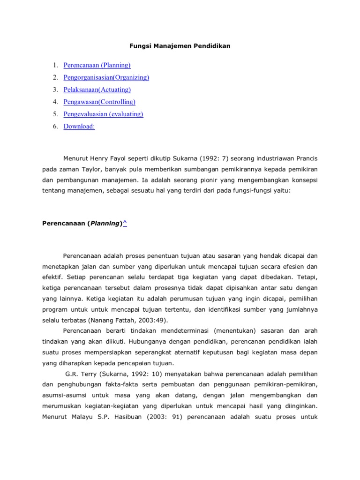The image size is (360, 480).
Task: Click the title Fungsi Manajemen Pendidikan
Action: (x=180, y=46)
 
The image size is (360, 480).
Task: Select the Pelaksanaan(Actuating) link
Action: (x=97, y=90)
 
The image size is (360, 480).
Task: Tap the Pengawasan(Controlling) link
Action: (x=99, y=102)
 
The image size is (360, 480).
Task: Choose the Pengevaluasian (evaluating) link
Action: (x=103, y=114)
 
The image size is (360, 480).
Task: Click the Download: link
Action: (x=79, y=126)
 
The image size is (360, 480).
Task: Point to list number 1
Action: (x=55, y=65)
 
